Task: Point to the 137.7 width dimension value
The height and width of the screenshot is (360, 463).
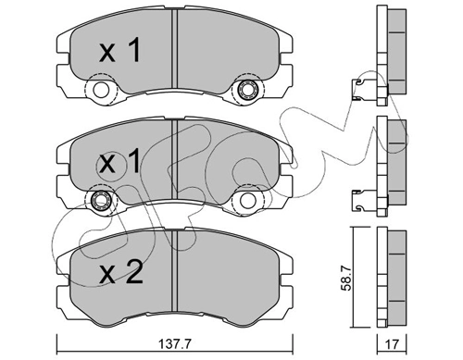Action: point(175,344)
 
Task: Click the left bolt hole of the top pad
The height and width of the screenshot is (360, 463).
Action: point(98,91)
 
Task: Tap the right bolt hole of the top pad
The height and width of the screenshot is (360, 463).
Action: point(248,91)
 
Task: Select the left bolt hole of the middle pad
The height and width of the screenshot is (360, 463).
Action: point(98,202)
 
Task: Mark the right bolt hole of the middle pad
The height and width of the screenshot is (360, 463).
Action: point(248,202)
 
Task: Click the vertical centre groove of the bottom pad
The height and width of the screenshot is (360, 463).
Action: point(174,273)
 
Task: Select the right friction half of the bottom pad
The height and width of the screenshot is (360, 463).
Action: point(231,273)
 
